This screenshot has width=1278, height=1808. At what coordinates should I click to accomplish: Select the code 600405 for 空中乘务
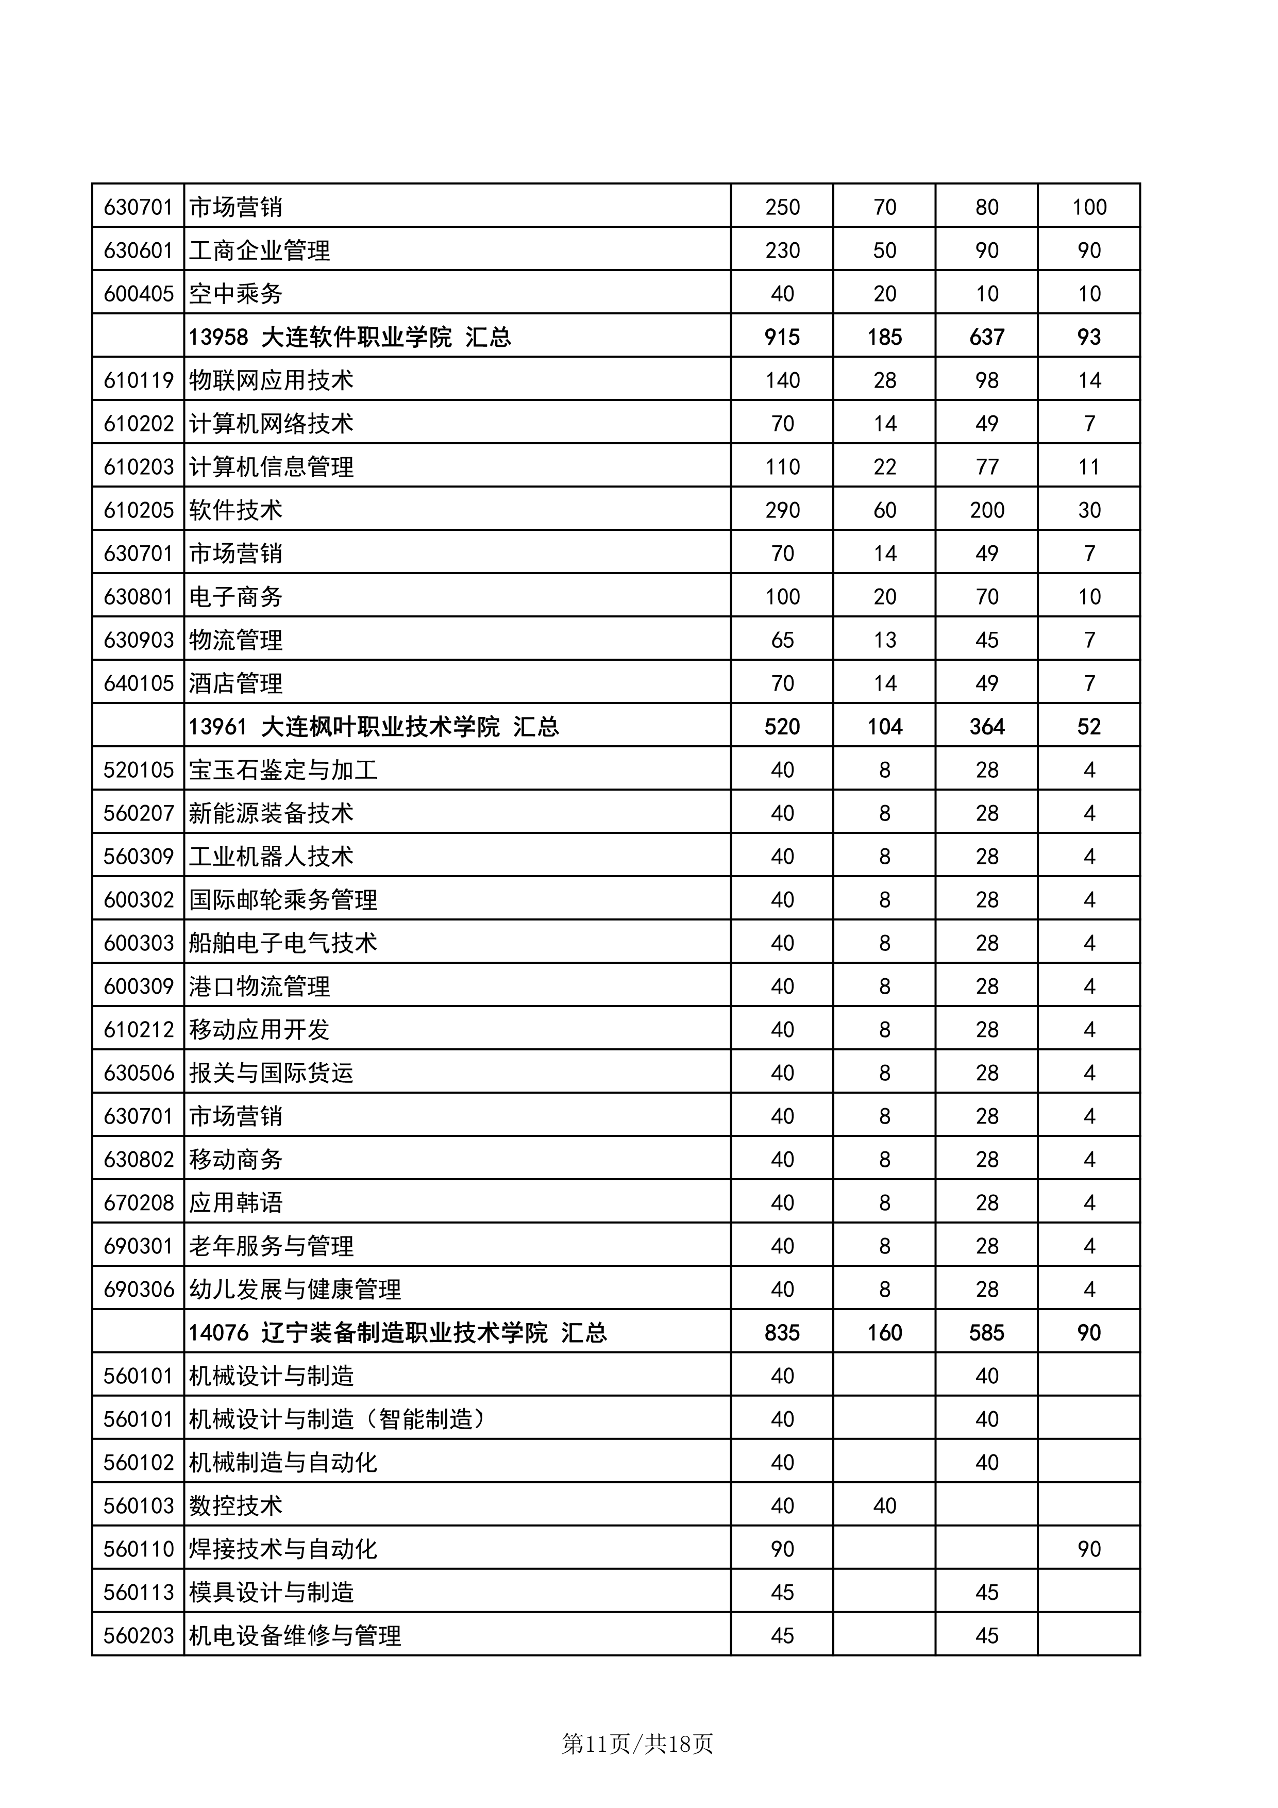139,294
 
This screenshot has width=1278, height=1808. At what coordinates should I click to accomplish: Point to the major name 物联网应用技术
271,380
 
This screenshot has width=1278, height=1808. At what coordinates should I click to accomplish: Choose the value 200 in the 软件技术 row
987,510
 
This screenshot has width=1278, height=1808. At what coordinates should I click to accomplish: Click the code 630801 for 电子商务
139,597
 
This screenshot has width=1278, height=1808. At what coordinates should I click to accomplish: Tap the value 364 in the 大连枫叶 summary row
987,727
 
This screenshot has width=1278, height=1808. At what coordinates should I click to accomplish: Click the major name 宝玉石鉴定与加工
283,770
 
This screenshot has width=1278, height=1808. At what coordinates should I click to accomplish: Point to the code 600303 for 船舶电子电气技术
139,943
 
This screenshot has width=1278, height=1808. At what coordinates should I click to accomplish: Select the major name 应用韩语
236,1203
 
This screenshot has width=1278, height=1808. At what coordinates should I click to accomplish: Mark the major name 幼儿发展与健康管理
294,1290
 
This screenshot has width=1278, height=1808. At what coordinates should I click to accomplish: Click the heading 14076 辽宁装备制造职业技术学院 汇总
398,1333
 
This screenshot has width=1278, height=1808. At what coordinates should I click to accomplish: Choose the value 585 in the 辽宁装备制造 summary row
987,1333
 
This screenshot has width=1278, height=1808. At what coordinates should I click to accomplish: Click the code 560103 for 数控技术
139,1506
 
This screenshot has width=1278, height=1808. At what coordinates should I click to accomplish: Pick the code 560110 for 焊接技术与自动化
139,1550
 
